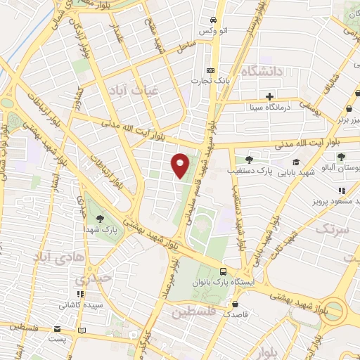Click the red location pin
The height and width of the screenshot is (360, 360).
181,165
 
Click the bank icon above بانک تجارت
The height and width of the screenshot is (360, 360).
210,70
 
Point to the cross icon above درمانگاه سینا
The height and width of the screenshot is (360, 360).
270,96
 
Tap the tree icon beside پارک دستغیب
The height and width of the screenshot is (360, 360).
247,160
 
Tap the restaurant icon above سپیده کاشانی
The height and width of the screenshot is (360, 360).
81,295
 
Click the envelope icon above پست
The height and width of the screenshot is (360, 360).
56,328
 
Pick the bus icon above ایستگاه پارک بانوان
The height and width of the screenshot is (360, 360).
223,271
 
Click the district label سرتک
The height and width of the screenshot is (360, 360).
332,229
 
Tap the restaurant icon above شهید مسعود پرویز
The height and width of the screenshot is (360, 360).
341,191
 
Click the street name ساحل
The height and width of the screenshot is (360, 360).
185,46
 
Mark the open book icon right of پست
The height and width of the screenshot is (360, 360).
83,330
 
